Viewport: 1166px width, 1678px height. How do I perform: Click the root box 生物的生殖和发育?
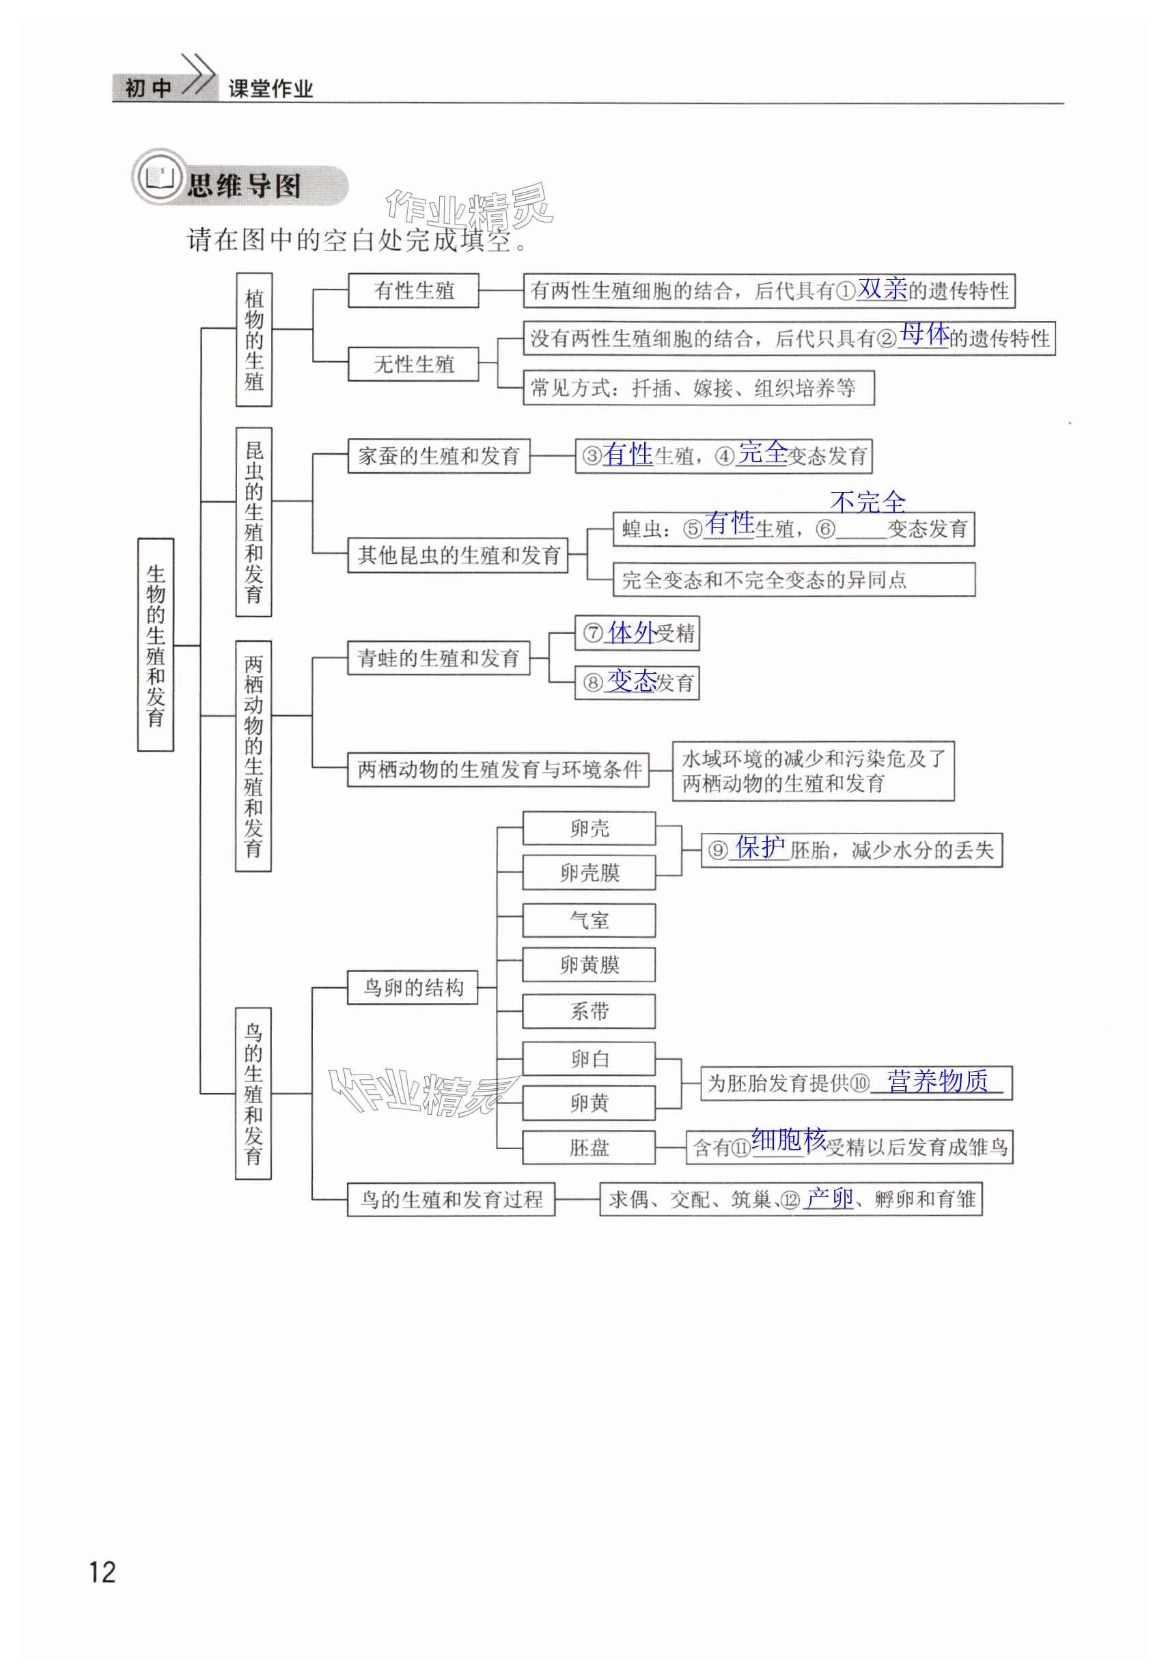[x=156, y=644]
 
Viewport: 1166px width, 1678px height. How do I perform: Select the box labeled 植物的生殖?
[x=253, y=339]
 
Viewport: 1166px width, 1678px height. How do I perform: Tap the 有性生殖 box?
[x=413, y=291]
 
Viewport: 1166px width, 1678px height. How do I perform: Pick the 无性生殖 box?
[x=413, y=364]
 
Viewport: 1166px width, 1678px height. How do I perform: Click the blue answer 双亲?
[x=882, y=289]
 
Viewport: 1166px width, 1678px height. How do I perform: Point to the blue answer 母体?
[x=924, y=335]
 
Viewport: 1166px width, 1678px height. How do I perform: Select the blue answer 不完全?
[x=868, y=502]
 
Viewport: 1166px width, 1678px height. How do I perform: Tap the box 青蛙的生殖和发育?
[x=439, y=658]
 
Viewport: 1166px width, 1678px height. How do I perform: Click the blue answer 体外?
[x=631, y=632]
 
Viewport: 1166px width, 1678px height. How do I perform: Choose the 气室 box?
[x=589, y=920]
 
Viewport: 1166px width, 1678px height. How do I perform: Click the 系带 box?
[x=589, y=1011]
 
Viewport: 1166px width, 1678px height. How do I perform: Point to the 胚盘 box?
[x=589, y=1147]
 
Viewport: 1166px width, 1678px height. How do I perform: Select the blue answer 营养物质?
[x=937, y=1081]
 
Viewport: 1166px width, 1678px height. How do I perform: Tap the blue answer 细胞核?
[x=788, y=1140]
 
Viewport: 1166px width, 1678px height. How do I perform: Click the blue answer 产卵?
[x=829, y=1198]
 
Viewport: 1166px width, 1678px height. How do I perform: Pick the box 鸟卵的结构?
[x=413, y=988]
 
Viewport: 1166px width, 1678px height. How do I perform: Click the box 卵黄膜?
[x=589, y=965]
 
